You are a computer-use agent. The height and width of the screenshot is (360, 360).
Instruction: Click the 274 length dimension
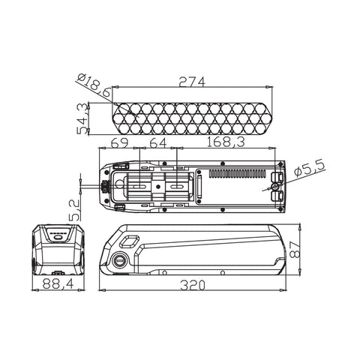(x=192, y=82)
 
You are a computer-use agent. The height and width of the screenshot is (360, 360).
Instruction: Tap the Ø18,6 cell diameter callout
(x=94, y=85)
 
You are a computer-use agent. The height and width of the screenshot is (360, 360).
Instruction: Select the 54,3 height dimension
(x=83, y=118)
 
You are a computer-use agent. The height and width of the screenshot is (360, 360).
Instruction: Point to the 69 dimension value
(x=120, y=142)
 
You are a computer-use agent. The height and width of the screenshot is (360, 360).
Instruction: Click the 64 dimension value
(x=157, y=142)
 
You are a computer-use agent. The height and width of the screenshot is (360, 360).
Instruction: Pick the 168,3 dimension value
(x=225, y=142)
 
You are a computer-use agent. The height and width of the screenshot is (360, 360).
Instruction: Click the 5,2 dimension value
(x=75, y=210)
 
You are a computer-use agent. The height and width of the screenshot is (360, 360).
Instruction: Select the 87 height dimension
(x=295, y=249)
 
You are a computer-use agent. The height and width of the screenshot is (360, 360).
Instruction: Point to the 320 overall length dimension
(x=193, y=285)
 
